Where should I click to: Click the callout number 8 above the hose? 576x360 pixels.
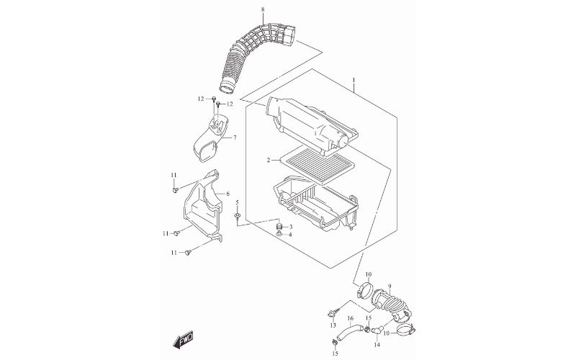(x=243, y=9)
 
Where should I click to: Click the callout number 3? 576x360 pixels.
(x=291, y=227)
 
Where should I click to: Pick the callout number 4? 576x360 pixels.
(x=291, y=235)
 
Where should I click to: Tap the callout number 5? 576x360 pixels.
(x=237, y=203)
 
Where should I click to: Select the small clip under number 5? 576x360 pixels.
(x=238, y=215)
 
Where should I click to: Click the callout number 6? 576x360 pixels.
(x=228, y=194)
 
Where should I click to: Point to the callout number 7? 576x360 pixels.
(x=234, y=138)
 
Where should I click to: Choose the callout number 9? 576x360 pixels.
(x=390, y=285)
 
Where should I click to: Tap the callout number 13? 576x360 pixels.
(x=333, y=325)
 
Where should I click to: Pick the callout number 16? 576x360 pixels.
(x=351, y=318)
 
